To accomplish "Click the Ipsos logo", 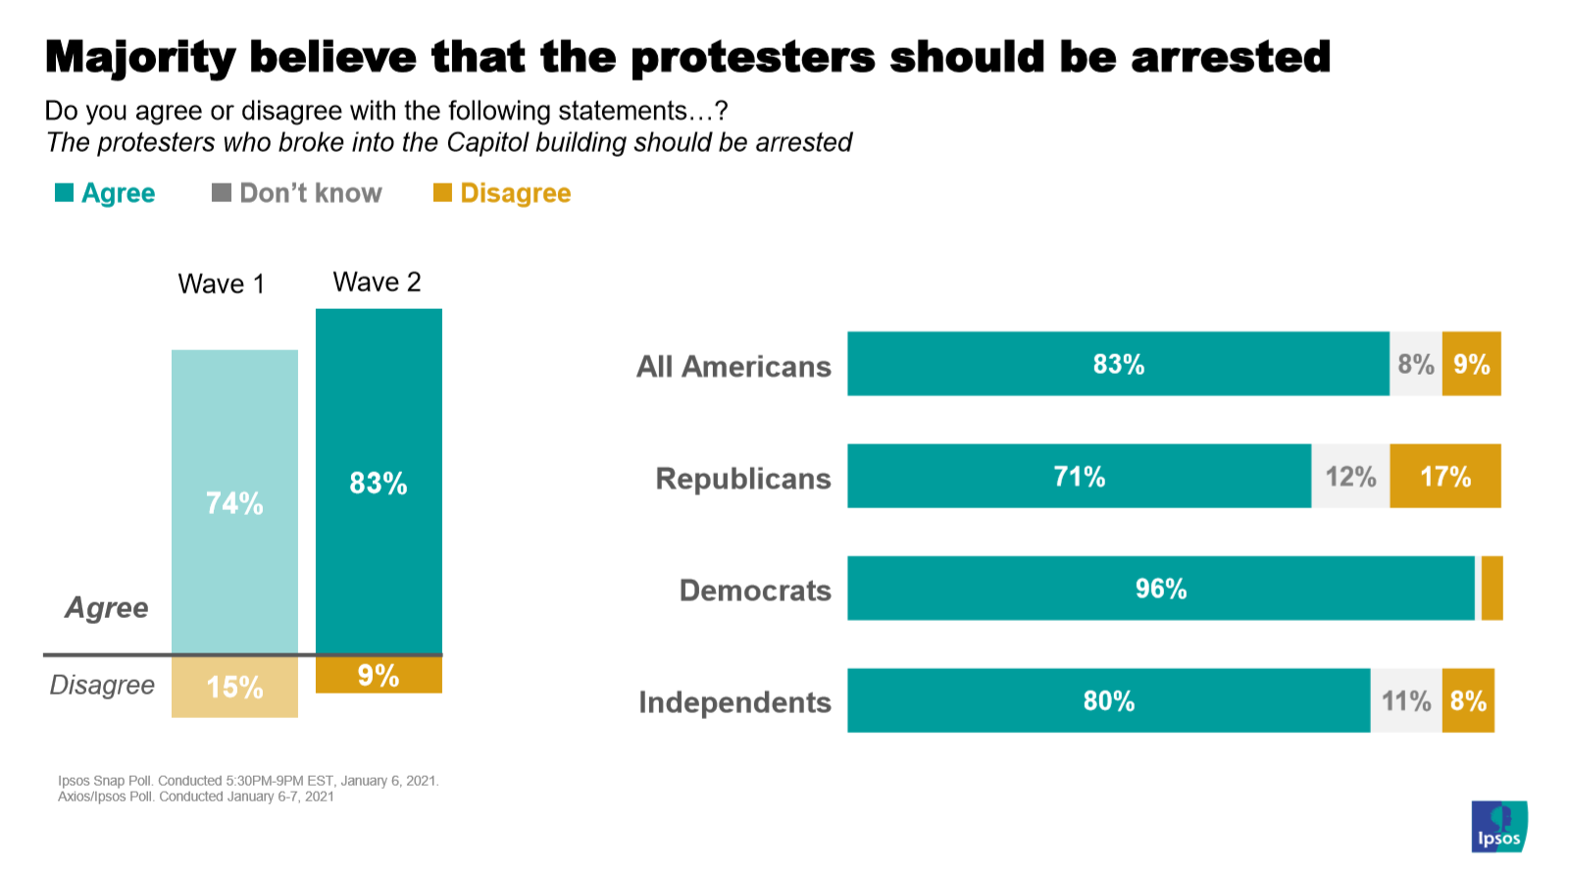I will (1498, 826).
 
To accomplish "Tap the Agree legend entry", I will (106, 193).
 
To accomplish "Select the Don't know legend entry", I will (297, 193).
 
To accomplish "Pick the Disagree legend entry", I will (502, 193).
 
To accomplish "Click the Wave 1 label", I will (222, 284).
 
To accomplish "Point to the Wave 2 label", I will (378, 283).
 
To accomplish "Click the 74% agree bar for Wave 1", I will (234, 502).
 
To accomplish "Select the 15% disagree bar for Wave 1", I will (234, 687).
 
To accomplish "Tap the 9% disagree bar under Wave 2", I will (379, 675).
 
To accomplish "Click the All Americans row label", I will (734, 366).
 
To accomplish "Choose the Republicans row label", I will (743, 478).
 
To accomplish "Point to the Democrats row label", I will (755, 590).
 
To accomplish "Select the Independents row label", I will (734, 702).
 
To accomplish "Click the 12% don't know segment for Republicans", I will (1350, 477).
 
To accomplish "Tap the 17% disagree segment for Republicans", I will (1445, 477).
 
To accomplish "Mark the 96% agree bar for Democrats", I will (1161, 589).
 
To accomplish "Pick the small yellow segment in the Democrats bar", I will (1492, 589).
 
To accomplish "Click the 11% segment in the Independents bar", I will (1406, 700).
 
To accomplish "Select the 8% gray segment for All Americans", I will (1416, 364).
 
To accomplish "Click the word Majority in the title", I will (139, 57).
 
